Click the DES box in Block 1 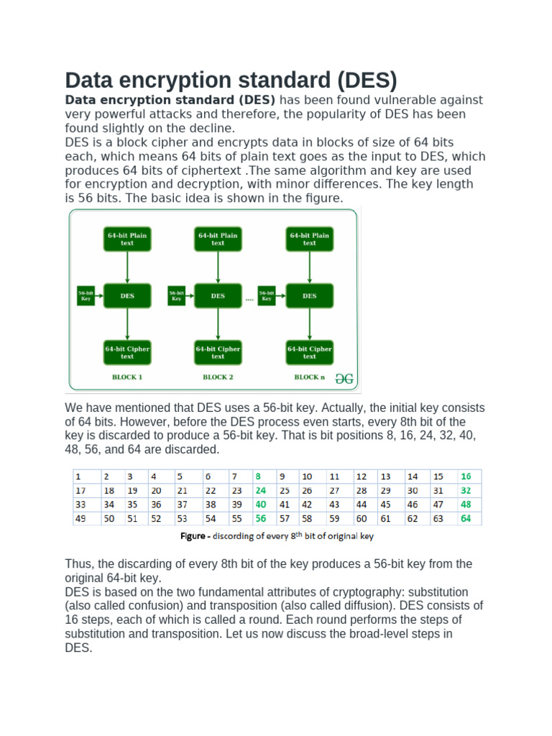click(127, 295)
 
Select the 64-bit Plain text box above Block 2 click(218, 239)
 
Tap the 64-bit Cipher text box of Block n click(309, 352)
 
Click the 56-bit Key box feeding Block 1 click(86, 295)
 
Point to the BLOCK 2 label click(218, 377)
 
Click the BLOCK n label click(309, 377)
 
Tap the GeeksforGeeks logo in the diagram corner click(344, 378)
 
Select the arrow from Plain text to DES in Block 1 click(127, 267)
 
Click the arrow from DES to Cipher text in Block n click(309, 323)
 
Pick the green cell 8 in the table click(259, 477)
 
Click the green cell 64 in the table click(466, 518)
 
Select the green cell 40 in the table click(260, 505)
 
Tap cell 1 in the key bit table click(79, 477)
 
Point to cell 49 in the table click(81, 518)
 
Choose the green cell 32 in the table click(466, 490)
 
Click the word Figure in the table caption click(193, 536)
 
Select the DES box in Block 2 click(218, 295)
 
